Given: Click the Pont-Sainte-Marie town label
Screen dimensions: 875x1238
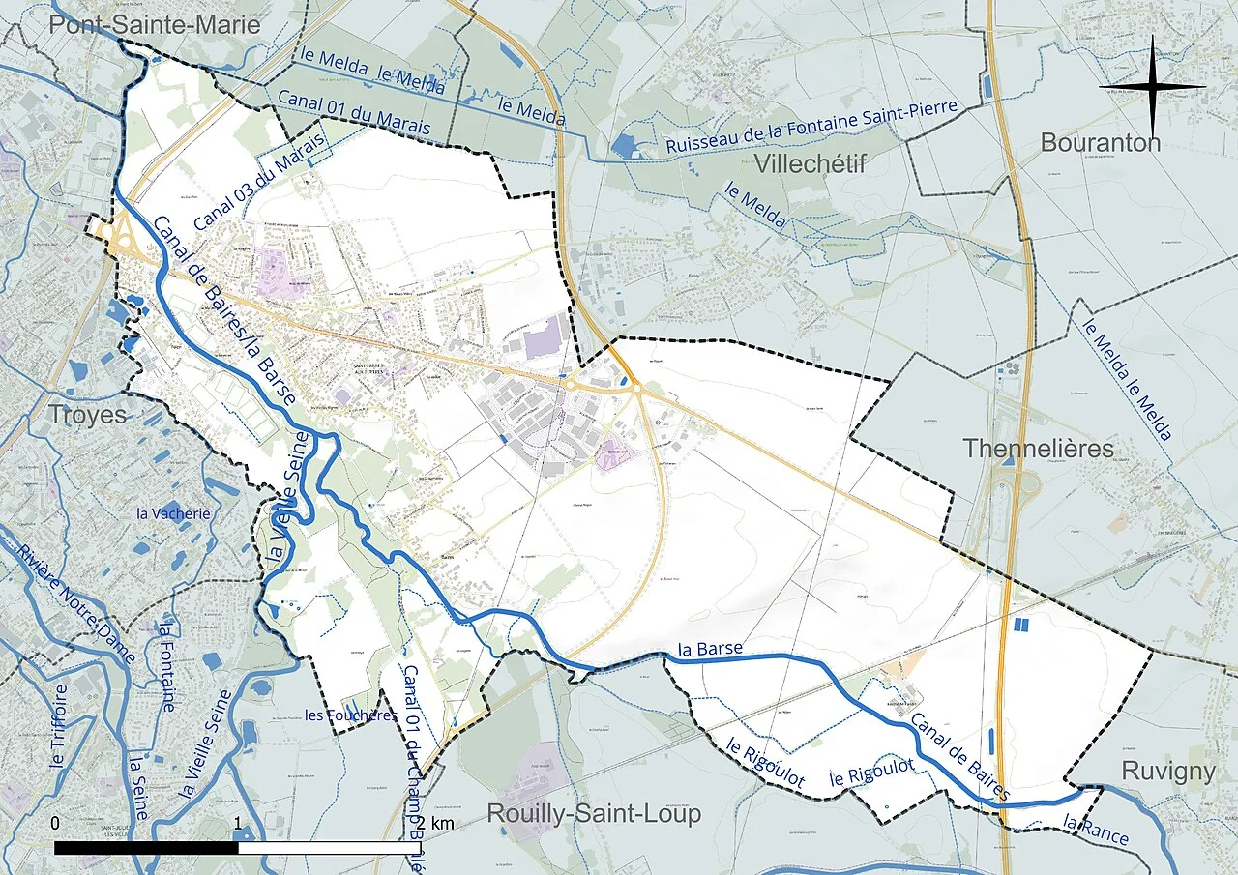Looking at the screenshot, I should coord(155,25).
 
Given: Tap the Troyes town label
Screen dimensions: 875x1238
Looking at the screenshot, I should coord(88,415).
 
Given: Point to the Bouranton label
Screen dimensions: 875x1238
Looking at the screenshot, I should coord(1100,143).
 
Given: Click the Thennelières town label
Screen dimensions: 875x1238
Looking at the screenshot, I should coord(1038,449).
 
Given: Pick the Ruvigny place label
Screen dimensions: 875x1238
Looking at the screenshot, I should coord(1168,771).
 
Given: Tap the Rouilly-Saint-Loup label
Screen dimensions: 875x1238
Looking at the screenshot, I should coord(593,814).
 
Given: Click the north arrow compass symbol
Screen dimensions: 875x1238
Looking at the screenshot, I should coord(1152,87).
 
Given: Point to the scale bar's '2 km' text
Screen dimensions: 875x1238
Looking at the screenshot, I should coord(431,824).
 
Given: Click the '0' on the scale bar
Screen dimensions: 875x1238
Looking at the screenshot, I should coord(55,824).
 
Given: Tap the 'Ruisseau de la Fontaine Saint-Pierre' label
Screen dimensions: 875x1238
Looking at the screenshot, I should coord(811,127).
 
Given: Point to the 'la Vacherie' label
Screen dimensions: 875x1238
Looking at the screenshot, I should coord(173,513).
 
